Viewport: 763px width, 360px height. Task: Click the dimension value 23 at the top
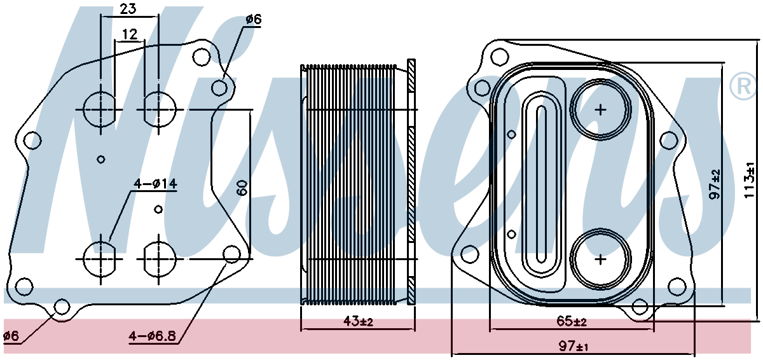coord(128,9)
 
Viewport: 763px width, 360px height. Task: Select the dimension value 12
coord(130,34)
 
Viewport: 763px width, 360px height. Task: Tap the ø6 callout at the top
coord(253,20)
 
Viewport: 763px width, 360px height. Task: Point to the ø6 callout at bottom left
coord(11,336)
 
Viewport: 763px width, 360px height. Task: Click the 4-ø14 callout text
coord(155,184)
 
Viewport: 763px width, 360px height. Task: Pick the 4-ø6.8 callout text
coord(152,336)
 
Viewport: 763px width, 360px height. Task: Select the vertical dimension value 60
coord(242,188)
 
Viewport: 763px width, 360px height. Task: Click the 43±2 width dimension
coord(358,321)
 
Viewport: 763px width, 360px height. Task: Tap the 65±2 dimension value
coord(572,321)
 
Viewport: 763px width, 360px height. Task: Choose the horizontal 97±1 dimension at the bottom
coord(574,347)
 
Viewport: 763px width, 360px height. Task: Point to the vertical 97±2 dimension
coord(716,184)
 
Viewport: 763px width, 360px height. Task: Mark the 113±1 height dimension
coord(749,180)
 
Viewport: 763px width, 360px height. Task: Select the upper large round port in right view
coord(600,109)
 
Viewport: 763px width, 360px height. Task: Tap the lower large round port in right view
coord(600,259)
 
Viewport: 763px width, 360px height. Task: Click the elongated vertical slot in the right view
coord(541,184)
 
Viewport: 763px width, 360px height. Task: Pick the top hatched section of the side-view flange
coord(411,75)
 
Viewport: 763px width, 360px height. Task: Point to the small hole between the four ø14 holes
coord(158,209)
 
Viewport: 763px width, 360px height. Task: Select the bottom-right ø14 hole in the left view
coord(160,259)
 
